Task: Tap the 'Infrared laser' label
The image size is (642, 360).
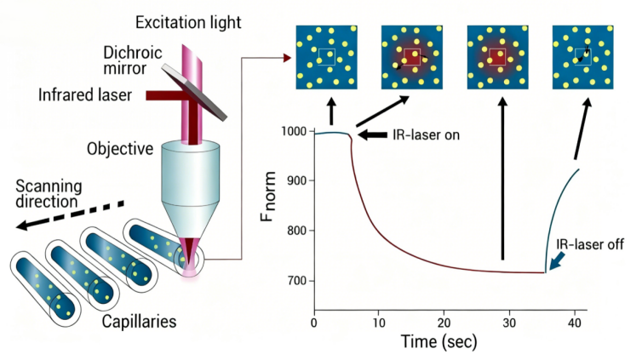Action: coord(85,94)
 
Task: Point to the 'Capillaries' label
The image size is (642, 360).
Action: coord(140,323)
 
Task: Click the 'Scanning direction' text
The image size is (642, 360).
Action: coord(49,195)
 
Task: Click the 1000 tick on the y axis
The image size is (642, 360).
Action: coord(295,132)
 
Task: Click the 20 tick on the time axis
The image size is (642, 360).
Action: coord(444,323)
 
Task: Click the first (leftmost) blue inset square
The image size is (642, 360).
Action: coord(326,57)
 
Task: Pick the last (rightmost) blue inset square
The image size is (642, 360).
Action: coord(583,57)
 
